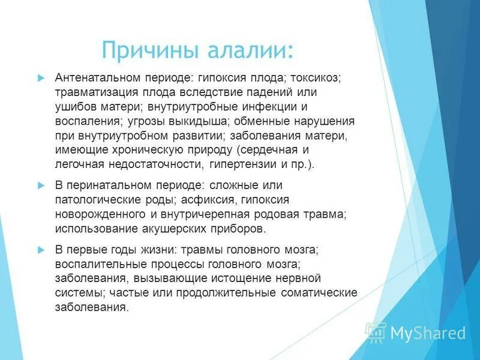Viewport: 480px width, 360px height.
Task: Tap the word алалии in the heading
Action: click(x=251, y=50)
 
